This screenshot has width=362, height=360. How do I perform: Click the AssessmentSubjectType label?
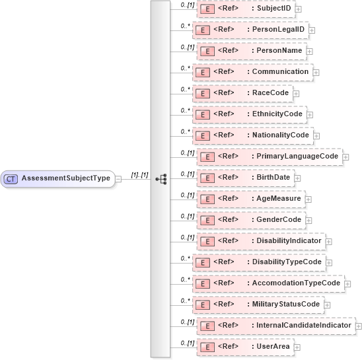click(65, 178)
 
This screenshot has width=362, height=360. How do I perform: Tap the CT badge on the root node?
click(11, 178)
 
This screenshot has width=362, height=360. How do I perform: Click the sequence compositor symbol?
click(161, 178)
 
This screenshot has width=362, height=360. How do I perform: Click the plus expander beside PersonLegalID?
click(312, 30)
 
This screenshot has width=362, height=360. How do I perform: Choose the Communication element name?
click(279, 71)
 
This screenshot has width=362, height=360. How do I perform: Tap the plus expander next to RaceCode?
click(297, 93)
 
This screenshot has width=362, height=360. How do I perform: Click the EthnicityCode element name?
click(277, 114)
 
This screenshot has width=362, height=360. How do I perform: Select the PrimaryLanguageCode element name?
click(297, 156)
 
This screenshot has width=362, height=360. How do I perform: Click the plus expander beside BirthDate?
click(297, 178)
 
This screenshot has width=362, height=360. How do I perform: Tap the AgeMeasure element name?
click(278, 198)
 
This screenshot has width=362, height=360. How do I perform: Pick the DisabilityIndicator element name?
click(289, 240)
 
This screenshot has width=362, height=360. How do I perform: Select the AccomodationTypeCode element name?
click(296, 283)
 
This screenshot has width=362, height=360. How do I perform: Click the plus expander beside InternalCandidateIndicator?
click(358, 326)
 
